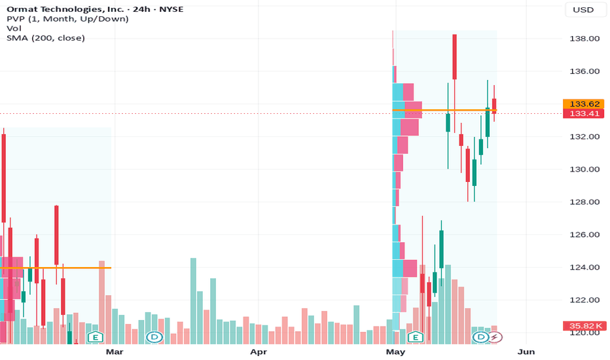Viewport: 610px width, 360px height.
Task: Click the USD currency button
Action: [x=583, y=10]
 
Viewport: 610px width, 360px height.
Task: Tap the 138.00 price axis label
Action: [x=584, y=39]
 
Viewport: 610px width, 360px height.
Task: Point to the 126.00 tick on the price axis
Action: [x=584, y=235]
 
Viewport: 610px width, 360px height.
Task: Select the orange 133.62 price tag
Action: [x=584, y=104]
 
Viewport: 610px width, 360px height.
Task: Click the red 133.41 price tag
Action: [x=584, y=114]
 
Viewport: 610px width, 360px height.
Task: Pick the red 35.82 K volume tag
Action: [x=584, y=326]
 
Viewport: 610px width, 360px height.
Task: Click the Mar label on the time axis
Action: [x=115, y=352]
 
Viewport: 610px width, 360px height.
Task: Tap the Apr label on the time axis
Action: [x=259, y=352]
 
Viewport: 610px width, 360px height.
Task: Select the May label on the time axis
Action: [x=395, y=352]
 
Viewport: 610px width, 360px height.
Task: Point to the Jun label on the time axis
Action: [x=526, y=352]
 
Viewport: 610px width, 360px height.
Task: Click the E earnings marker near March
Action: [x=96, y=337]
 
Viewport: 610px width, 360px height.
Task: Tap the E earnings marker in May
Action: [x=415, y=337]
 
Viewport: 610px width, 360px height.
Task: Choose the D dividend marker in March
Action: [x=154, y=337]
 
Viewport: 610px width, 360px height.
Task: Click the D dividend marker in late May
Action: [x=481, y=337]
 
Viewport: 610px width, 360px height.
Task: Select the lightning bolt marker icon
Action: [x=495, y=337]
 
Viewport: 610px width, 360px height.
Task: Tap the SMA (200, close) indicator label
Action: [x=46, y=38]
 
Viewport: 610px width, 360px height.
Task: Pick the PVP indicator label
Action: [x=67, y=19]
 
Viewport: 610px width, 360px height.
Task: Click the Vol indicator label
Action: [x=14, y=28]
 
